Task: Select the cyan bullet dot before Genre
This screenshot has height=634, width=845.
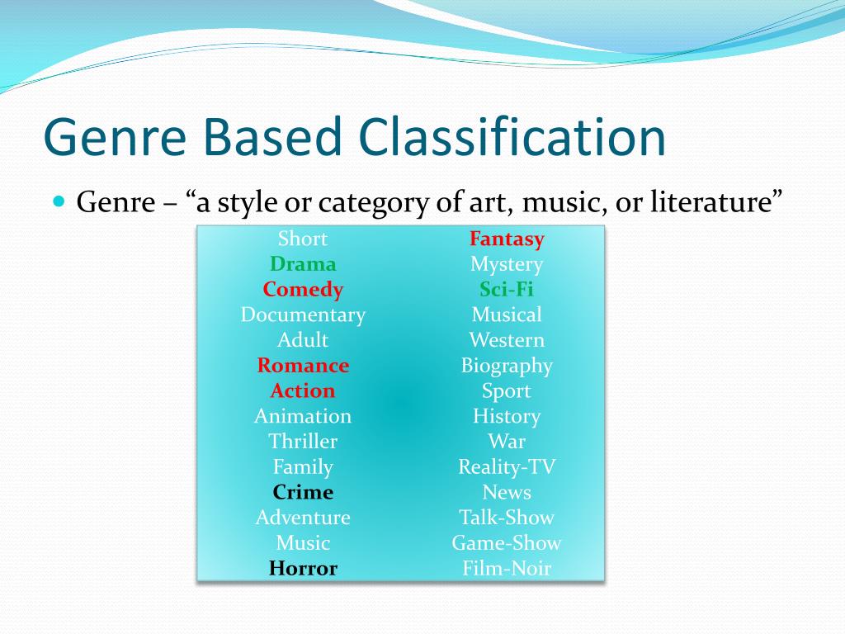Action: (x=59, y=201)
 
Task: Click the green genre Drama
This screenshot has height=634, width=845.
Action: (x=303, y=264)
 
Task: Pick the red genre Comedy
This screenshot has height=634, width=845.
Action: (x=303, y=290)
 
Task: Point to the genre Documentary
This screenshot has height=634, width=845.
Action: (x=303, y=315)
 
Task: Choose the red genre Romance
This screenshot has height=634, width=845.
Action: (x=303, y=366)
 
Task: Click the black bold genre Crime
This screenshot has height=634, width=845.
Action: (x=303, y=492)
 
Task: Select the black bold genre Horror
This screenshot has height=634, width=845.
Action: (x=303, y=568)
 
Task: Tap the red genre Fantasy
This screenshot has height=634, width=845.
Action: (x=507, y=239)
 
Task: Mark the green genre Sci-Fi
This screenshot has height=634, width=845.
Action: (x=507, y=290)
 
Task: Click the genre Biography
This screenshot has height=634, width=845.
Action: (x=507, y=366)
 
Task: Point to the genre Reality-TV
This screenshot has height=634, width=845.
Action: (x=507, y=467)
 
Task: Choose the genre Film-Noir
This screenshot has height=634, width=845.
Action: (x=507, y=568)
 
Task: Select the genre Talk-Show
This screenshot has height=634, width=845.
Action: (x=507, y=518)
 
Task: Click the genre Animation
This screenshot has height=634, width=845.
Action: (x=303, y=416)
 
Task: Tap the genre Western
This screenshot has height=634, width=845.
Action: (x=507, y=340)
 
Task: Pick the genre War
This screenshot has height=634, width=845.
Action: (x=507, y=442)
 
